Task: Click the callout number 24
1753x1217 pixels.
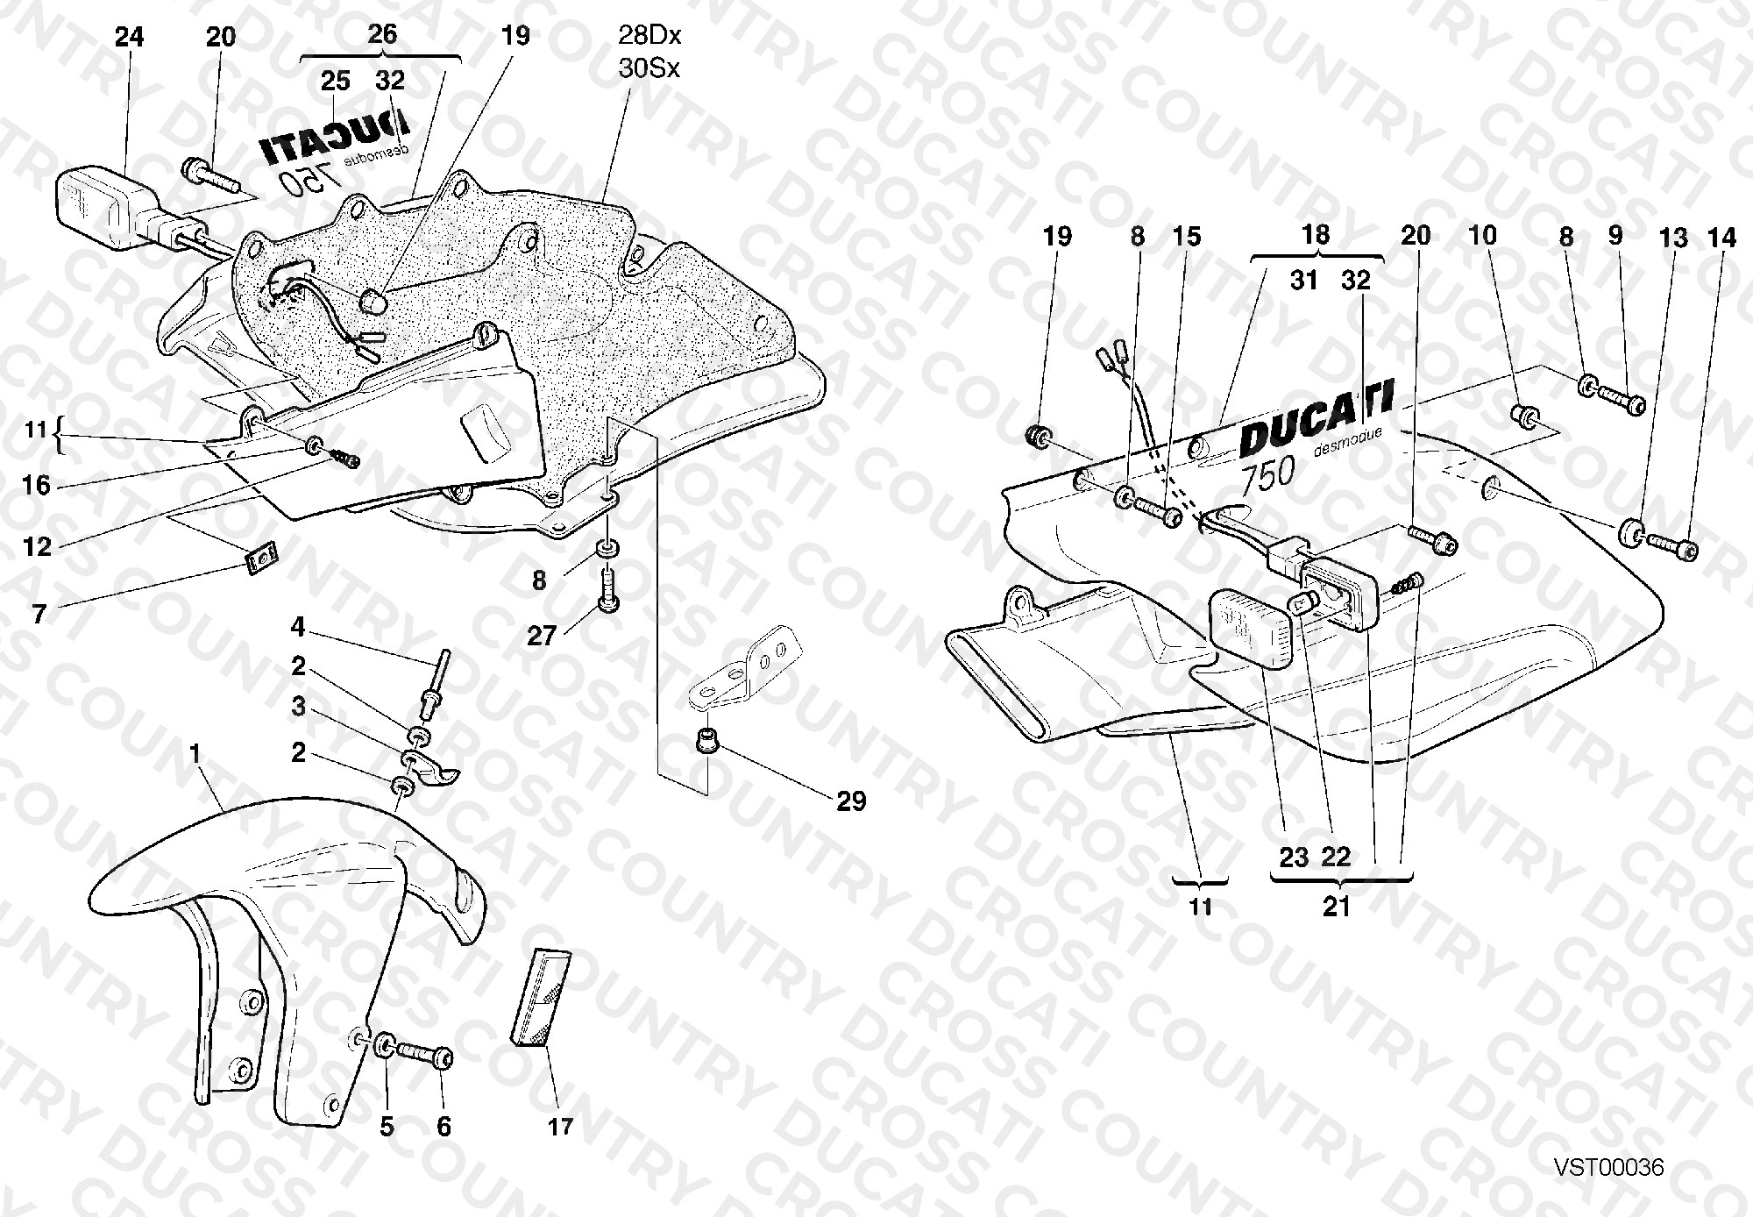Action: (130, 37)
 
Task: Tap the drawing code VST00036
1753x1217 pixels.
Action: (1609, 1167)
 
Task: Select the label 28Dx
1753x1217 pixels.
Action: (649, 37)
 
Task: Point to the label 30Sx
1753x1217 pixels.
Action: (649, 68)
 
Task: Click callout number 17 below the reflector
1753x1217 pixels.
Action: (560, 1126)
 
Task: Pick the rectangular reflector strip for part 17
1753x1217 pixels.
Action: (541, 997)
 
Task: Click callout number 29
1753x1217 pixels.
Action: (851, 801)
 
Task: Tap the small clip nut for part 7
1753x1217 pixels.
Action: (259, 557)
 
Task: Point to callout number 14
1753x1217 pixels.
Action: (1721, 238)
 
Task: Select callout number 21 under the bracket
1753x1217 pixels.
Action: (1337, 906)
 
